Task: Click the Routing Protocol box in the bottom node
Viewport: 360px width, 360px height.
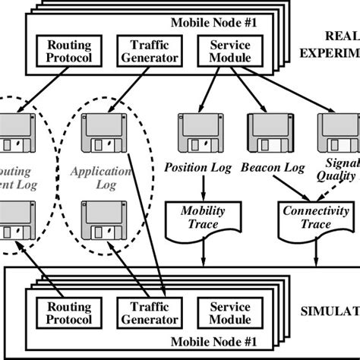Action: [x=69, y=311]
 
